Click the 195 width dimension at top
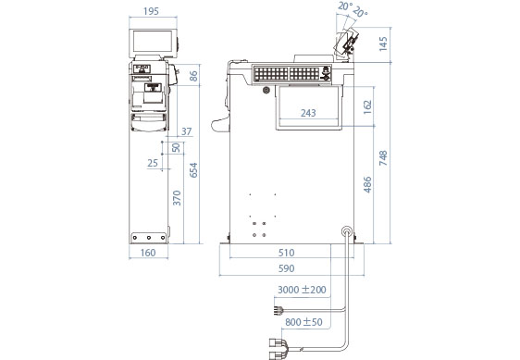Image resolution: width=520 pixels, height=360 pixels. point(151,12)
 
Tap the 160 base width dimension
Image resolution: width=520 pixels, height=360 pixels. point(148,253)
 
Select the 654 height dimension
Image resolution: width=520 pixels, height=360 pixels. point(193,170)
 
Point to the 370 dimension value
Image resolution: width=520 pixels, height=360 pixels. point(178,198)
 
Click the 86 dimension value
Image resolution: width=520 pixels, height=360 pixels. point(193,76)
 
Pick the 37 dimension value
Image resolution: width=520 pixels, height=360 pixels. point(186,131)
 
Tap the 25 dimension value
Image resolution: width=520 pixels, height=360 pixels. point(153,163)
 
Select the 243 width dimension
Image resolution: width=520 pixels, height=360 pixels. point(308,113)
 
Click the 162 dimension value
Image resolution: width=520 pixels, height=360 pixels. point(367,106)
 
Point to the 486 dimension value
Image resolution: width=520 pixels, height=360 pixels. point(367,185)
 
